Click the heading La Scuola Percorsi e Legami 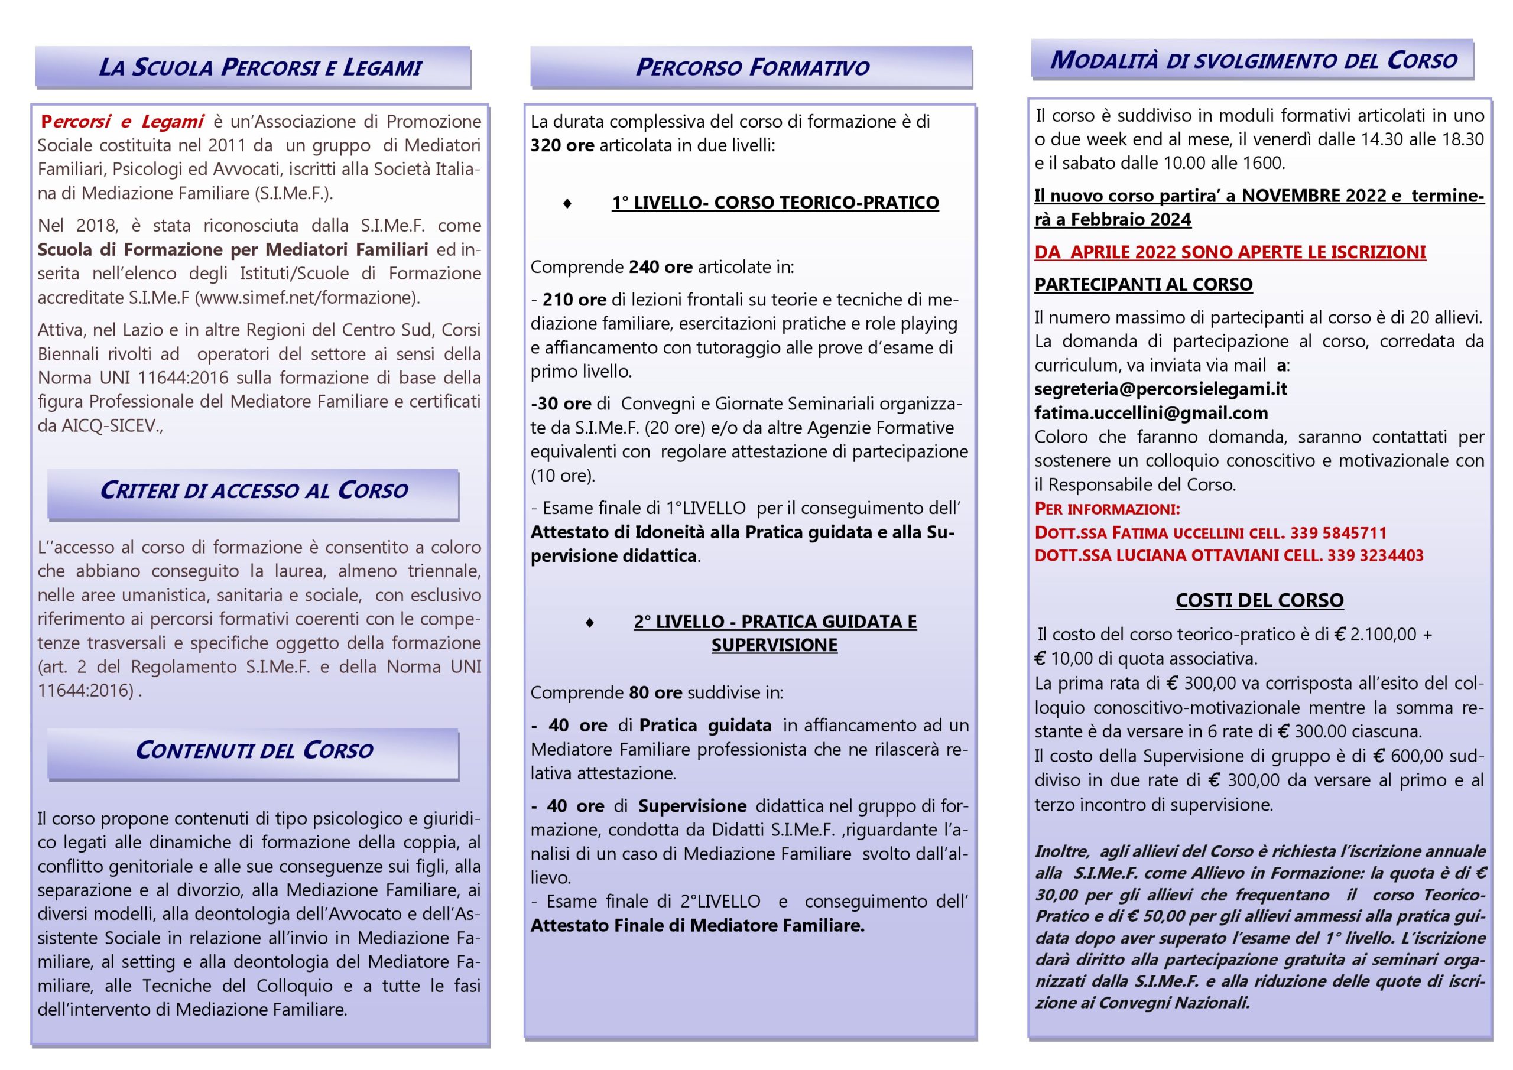[259, 67]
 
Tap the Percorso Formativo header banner [752, 67]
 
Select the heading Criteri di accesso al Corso [254, 490]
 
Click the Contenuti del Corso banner [254, 750]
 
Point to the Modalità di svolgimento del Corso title [1253, 61]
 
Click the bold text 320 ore [562, 145]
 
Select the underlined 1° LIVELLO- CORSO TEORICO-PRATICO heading [775, 202]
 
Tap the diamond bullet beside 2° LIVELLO [590, 623]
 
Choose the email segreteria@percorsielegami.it [1160, 389]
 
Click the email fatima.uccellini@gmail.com [1151, 413]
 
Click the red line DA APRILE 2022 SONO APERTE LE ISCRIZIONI [1230, 252]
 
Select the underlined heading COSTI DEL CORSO [1259, 600]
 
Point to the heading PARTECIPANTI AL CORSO [1143, 285]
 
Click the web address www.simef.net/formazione [306, 298]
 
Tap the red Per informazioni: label [1107, 509]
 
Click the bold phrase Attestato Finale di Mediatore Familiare [697, 926]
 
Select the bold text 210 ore [574, 300]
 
